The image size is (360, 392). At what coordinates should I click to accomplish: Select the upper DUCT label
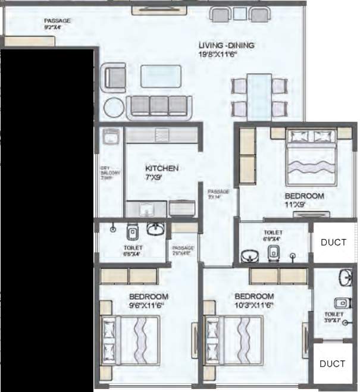[x=333, y=242]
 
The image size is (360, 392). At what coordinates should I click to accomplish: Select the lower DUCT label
[x=332, y=363]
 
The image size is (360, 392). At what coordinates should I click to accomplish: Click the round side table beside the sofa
[x=114, y=108]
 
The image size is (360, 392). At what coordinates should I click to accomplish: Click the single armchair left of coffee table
[x=115, y=77]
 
